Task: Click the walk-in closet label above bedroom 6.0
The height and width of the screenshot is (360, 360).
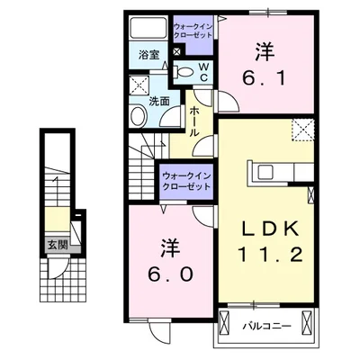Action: tap(185, 178)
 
